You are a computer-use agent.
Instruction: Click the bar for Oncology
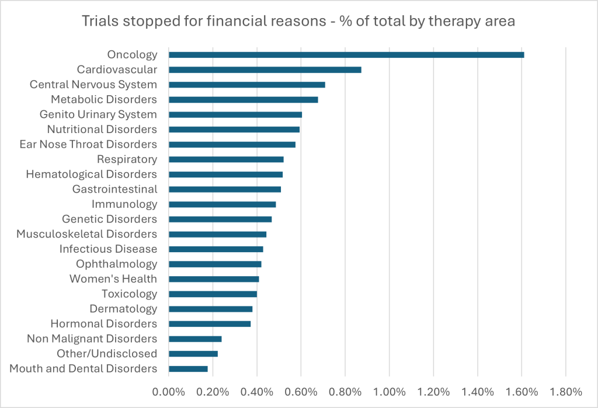pos(346,55)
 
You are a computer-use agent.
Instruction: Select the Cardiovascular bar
pos(265,69)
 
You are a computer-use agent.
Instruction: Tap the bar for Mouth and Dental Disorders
pos(188,369)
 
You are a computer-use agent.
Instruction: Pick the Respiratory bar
pos(226,159)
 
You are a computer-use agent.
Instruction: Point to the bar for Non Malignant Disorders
pos(195,339)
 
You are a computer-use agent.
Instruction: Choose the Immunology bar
pos(222,204)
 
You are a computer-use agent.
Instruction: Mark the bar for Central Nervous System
pos(246,85)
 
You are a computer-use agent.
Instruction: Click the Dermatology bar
pos(210,309)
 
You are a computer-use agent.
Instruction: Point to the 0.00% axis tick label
pos(168,391)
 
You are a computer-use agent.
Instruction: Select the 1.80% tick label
pos(566,391)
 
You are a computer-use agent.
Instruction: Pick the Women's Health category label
pos(113,279)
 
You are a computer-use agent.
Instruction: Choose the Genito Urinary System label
pos(98,114)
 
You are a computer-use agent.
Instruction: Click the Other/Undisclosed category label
pos(107,354)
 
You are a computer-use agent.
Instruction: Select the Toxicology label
pos(129,294)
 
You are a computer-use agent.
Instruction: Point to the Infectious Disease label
pos(108,249)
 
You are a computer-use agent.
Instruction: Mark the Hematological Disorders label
pos(92,175)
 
